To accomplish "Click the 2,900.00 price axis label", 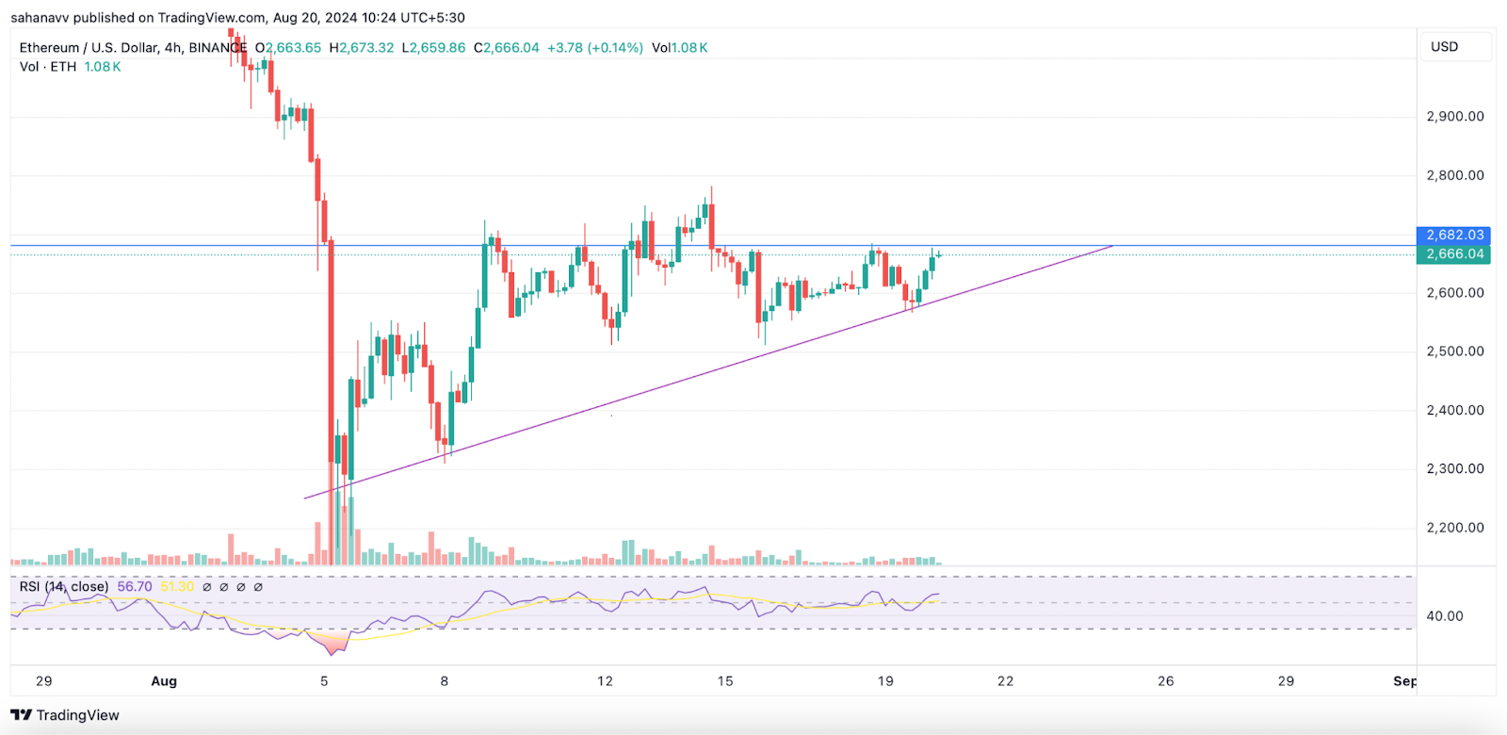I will (1455, 117).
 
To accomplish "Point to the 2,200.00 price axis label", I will (1455, 528).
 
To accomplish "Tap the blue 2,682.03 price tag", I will (1453, 235).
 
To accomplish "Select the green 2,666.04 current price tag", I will (1453, 253).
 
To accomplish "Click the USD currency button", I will (1445, 47).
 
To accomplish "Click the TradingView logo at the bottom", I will (65, 715).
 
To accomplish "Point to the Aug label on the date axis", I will (164, 681).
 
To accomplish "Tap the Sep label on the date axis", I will (1404, 681).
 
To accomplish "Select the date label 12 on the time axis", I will (605, 681).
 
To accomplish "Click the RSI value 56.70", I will (135, 587).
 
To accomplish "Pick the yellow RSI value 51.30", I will (177, 587).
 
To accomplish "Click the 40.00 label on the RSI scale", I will (1445, 616).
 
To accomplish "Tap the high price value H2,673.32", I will (362, 48).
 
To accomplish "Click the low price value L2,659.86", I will (433, 48).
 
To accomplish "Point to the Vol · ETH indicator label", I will (48, 67).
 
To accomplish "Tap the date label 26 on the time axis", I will (1165, 681).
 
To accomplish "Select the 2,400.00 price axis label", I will (1455, 411).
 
